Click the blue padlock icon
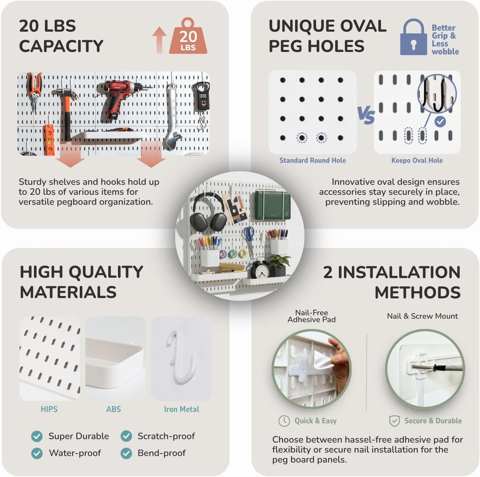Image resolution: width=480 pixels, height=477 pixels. [x=413, y=38]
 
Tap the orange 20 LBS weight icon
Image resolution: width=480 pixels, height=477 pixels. [x=188, y=37]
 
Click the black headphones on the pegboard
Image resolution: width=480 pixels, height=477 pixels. [x=208, y=213]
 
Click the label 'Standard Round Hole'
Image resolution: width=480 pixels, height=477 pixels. [x=312, y=161]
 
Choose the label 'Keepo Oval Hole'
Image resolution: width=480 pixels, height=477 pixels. [x=417, y=161]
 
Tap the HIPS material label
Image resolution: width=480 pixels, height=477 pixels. [x=49, y=409]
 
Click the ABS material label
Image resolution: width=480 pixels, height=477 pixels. [x=114, y=409]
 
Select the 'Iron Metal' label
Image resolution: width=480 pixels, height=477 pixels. [x=181, y=409]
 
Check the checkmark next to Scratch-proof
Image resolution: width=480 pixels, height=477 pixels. [x=126, y=436]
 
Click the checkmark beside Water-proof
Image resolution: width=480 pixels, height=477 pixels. [x=37, y=453]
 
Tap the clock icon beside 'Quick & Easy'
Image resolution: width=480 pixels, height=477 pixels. [x=284, y=421]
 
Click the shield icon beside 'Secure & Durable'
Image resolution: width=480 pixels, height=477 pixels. [x=394, y=421]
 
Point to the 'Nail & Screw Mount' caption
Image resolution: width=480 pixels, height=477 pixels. [x=422, y=316]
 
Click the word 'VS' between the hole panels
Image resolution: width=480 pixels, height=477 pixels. [x=366, y=115]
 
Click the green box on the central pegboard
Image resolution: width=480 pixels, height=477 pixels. [x=272, y=204]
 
